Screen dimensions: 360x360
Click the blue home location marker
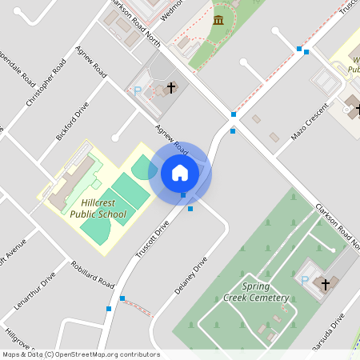point(180,173)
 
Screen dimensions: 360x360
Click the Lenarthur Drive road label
point(35,291)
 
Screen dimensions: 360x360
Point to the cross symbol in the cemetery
point(326,285)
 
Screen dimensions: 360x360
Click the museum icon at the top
point(218,20)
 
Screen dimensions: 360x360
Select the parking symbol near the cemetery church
point(304,280)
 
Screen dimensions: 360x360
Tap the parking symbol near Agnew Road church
point(138,91)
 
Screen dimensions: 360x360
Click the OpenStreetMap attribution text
point(81,354)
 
